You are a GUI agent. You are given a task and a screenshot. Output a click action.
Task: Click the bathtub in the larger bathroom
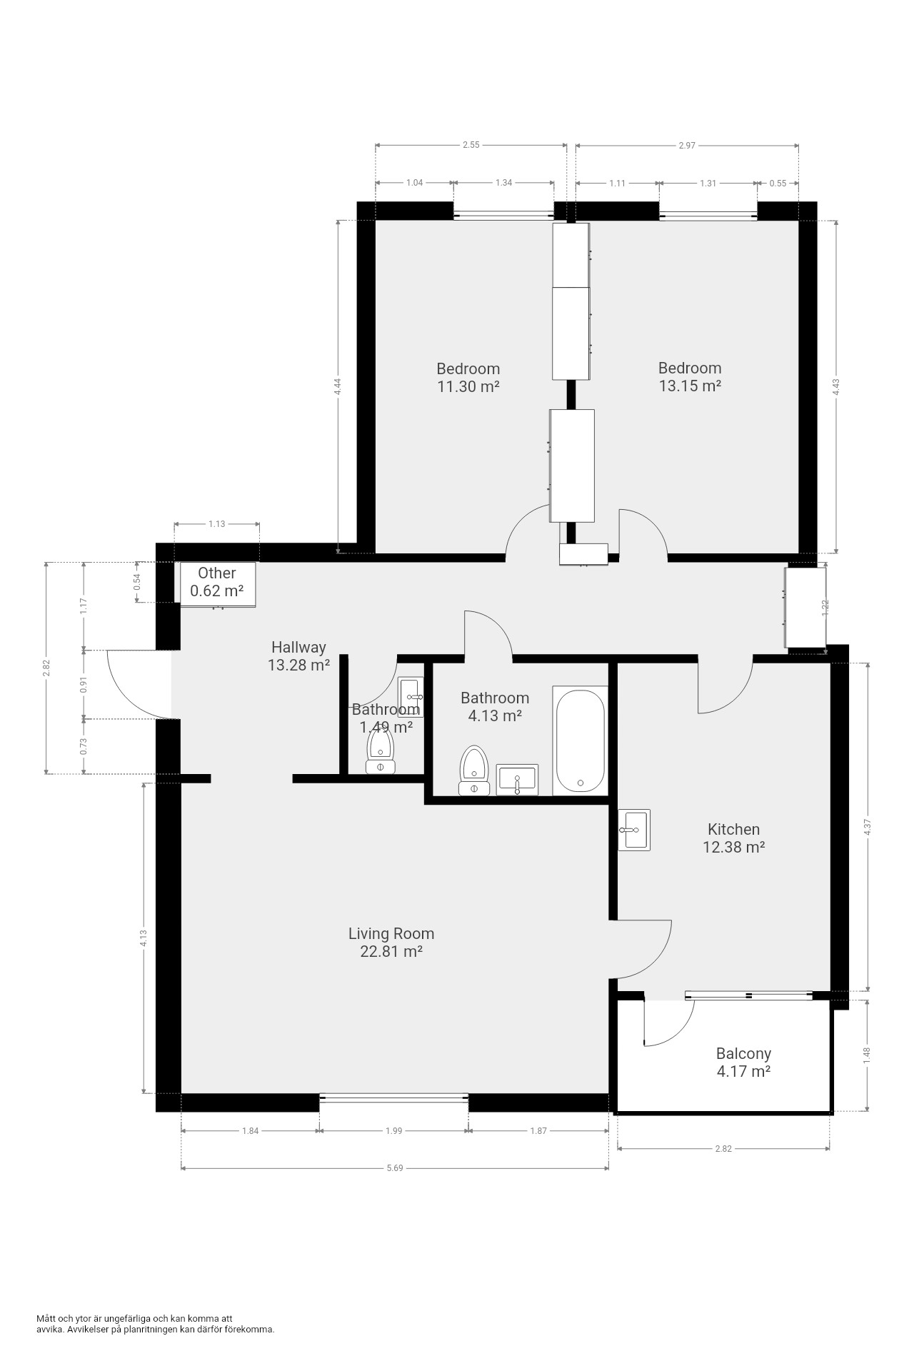(581, 740)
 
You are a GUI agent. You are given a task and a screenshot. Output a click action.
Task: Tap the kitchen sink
(634, 830)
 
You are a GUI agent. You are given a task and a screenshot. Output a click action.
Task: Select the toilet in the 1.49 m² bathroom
(380, 753)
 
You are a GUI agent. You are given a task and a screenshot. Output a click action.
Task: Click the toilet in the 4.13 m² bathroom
(473, 770)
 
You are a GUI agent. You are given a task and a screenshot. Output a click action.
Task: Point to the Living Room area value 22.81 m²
(391, 951)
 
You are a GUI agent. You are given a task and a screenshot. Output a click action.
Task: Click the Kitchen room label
(733, 829)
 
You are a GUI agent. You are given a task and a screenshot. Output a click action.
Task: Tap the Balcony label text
(743, 1053)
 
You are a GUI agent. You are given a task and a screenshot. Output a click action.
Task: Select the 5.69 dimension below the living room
(395, 1168)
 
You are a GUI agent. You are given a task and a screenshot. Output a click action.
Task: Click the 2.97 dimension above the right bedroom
(687, 145)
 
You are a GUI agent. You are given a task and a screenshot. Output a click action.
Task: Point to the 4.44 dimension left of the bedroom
(338, 386)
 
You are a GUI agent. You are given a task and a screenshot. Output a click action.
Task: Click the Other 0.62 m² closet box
(217, 584)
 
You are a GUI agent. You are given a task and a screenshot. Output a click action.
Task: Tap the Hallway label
(298, 647)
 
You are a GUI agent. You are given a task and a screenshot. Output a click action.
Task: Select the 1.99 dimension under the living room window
(394, 1130)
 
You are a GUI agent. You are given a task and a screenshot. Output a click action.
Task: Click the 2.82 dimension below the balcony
(723, 1148)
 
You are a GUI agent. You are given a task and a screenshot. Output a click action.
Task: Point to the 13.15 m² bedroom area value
(689, 386)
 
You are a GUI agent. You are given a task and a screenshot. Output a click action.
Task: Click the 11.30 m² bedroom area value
(468, 386)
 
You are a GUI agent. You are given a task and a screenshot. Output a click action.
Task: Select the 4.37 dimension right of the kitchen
(868, 827)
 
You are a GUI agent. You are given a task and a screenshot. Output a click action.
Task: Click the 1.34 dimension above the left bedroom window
(504, 182)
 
